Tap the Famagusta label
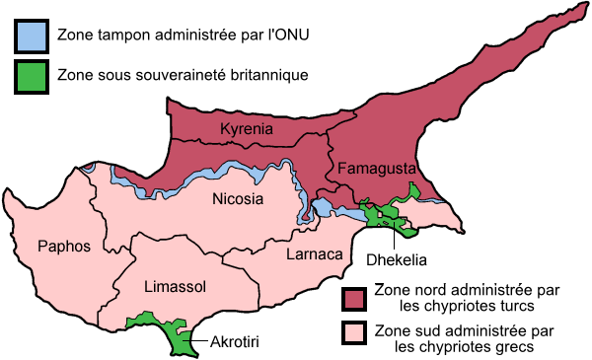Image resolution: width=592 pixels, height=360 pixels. click(x=375, y=169)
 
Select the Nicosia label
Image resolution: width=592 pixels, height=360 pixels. click(x=238, y=199)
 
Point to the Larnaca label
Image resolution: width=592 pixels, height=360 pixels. click(x=314, y=254)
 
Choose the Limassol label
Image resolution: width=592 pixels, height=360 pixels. click(x=175, y=286)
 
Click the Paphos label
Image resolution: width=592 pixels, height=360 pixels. click(x=63, y=246)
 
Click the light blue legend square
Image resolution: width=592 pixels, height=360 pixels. click(x=32, y=36)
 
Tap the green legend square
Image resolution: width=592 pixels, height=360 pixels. click(x=32, y=77)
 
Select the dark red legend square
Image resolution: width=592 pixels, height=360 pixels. click(x=354, y=299)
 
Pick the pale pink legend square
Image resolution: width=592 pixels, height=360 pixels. click(x=354, y=332)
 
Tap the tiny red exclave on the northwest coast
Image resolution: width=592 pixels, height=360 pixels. click(x=89, y=167)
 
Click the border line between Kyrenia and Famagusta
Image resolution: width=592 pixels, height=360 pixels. click(x=329, y=148)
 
